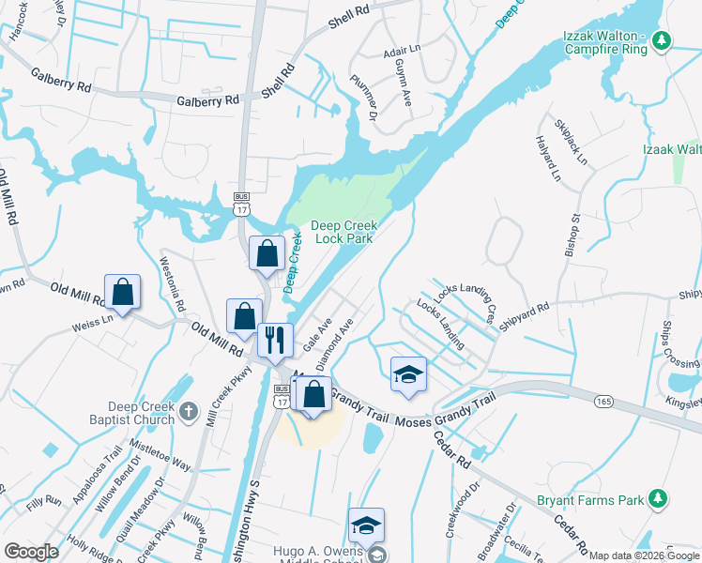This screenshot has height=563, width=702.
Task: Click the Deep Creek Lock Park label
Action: pyautogui.click(x=342, y=232)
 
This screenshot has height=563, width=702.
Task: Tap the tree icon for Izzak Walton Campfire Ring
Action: pyautogui.click(x=663, y=39)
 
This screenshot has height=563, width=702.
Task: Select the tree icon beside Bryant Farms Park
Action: pyautogui.click(x=659, y=497)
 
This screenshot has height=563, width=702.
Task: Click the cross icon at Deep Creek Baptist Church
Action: pyautogui.click(x=189, y=410)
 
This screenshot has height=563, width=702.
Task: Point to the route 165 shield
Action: pyautogui.click(x=603, y=402)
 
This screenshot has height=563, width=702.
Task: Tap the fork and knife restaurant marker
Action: pyautogui.click(x=274, y=340)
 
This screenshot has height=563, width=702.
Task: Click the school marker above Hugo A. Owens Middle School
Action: pyautogui.click(x=366, y=525)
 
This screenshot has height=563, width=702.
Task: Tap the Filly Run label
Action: pyautogui.click(x=44, y=504)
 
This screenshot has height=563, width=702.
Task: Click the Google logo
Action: pyautogui.click(x=31, y=552)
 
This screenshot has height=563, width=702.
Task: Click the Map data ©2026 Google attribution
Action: pyautogui.click(x=644, y=555)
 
